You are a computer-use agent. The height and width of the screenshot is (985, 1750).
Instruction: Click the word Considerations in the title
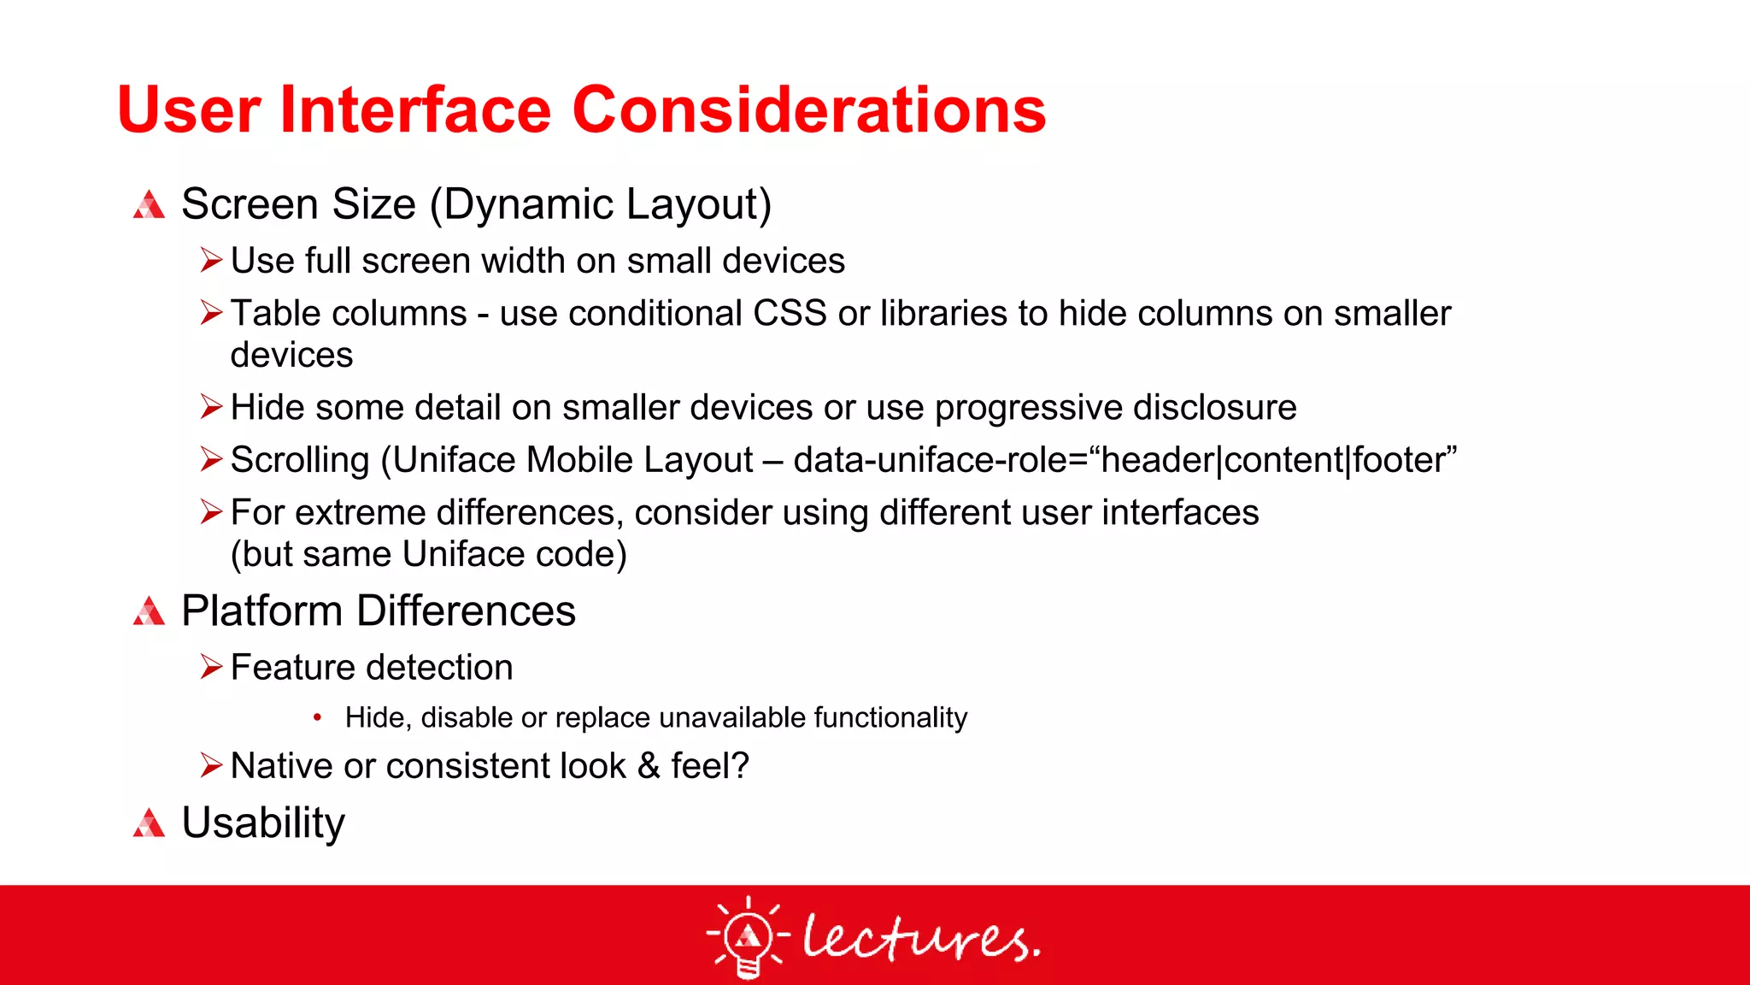(x=808, y=110)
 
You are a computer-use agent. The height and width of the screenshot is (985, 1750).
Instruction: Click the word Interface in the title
(x=416, y=110)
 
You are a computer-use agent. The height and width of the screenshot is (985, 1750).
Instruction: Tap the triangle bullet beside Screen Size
(x=149, y=205)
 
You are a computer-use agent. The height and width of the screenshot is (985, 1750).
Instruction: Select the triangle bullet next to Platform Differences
(x=149, y=612)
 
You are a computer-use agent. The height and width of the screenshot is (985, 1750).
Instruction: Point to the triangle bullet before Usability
(x=149, y=823)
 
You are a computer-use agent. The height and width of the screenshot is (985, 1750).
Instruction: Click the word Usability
(x=263, y=823)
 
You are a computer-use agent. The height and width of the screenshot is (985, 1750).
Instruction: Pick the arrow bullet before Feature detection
(x=211, y=667)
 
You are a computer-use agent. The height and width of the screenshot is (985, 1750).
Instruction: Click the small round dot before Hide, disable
(x=317, y=718)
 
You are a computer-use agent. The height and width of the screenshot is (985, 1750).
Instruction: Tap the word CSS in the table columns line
(x=790, y=314)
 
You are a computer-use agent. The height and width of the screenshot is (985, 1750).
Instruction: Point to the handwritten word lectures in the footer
(x=920, y=937)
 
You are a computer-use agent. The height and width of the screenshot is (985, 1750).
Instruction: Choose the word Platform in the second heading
(x=262, y=612)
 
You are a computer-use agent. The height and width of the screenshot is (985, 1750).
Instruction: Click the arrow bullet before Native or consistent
(x=211, y=765)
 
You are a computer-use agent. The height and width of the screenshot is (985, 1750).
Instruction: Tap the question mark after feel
(x=739, y=765)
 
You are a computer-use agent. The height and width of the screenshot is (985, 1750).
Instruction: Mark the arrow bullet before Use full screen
(x=211, y=260)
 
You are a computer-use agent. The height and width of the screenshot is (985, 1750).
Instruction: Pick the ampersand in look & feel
(x=649, y=766)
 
